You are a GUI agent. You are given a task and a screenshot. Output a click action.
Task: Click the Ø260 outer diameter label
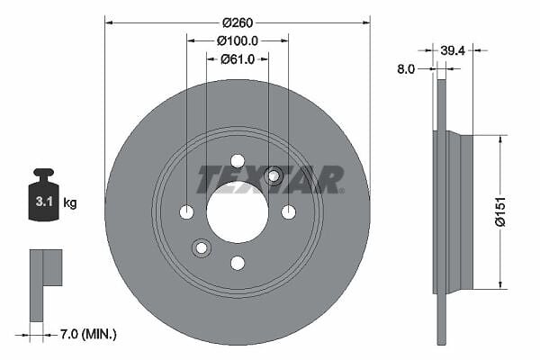[x=238, y=22]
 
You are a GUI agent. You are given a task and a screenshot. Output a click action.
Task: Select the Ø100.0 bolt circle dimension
[x=238, y=41]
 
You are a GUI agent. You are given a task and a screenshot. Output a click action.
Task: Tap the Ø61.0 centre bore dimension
[x=238, y=59]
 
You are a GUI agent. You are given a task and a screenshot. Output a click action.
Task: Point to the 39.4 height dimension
[x=453, y=51]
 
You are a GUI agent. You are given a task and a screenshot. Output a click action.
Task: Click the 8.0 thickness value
[x=406, y=69]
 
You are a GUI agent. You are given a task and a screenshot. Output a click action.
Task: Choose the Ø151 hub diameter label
[x=499, y=211]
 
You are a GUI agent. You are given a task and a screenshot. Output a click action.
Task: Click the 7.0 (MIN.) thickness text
[x=88, y=334]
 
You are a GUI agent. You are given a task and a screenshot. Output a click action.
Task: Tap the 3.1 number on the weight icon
[x=44, y=202]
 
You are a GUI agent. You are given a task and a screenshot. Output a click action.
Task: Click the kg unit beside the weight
[x=70, y=202]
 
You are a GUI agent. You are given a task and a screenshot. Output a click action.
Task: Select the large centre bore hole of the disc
[x=238, y=212]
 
